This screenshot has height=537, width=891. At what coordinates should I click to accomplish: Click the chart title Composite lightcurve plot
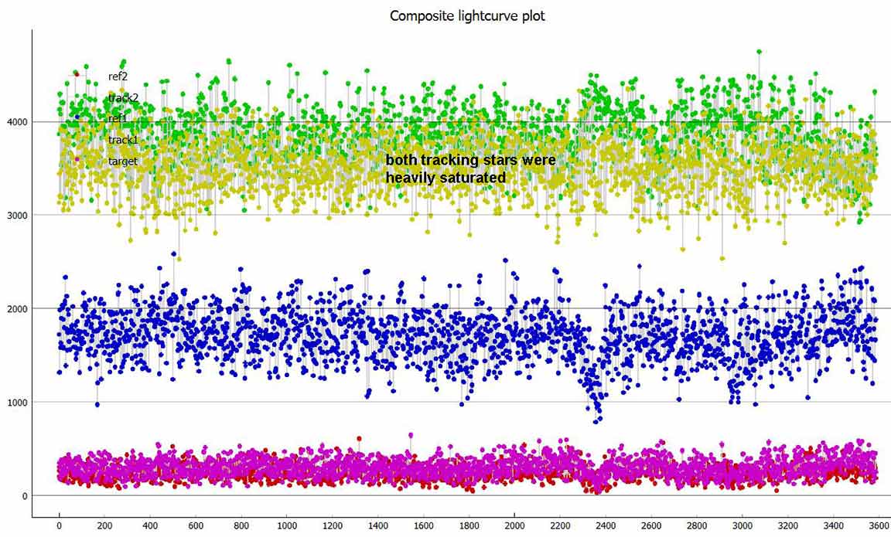[x=467, y=15]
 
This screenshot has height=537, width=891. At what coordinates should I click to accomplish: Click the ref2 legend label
[x=118, y=76]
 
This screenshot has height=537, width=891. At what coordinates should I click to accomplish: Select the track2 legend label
[x=123, y=98]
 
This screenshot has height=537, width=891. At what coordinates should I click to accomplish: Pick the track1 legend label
[x=123, y=140]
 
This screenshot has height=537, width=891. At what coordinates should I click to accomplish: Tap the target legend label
[x=122, y=161]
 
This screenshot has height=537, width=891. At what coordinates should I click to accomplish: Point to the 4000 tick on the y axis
[x=16, y=121]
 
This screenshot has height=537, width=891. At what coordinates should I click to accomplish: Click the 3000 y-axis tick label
[x=16, y=215]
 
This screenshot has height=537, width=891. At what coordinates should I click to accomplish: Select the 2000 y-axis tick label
[x=16, y=308]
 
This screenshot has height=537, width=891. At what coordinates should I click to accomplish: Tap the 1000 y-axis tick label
[x=16, y=402]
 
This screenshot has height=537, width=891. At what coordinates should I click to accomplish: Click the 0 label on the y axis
[x=24, y=495]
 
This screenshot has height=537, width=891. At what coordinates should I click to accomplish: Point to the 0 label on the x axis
[x=59, y=527]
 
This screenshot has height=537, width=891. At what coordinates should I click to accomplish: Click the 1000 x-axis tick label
[x=287, y=527]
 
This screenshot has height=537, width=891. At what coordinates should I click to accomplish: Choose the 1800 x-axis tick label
[x=469, y=527]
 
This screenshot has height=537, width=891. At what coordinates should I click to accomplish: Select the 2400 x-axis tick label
[x=606, y=527]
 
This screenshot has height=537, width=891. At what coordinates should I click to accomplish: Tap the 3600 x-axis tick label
[x=879, y=527]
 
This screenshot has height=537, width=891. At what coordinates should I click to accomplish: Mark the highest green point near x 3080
[x=759, y=52]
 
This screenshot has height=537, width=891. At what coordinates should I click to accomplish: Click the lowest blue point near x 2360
[x=596, y=421]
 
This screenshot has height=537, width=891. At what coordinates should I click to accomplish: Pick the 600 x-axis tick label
[x=196, y=527]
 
